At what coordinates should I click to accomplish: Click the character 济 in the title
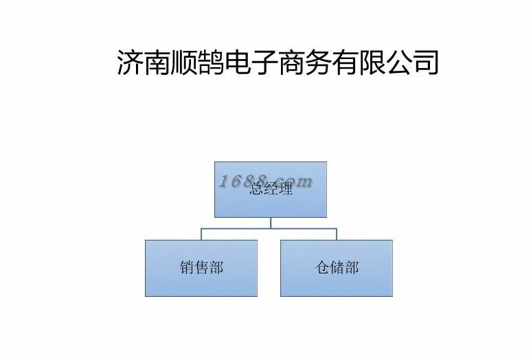pyautogui.click(x=131, y=62)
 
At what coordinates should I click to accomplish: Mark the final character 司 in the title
pyautogui.click(x=425, y=62)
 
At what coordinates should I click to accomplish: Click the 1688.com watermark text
pyautogui.click(x=265, y=181)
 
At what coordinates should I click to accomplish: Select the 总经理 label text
pyautogui.click(x=271, y=190)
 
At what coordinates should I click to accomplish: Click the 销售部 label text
pyautogui.click(x=201, y=268)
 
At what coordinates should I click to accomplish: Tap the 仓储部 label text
pyautogui.click(x=337, y=268)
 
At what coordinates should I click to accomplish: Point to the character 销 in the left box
pyautogui.click(x=187, y=268)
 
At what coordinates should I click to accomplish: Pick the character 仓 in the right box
pyautogui.click(x=322, y=268)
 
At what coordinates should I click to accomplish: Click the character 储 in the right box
pyautogui.click(x=337, y=268)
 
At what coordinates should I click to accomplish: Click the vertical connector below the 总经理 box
pyautogui.click(x=271, y=223)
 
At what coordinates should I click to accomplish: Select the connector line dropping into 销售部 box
pyautogui.click(x=201, y=234)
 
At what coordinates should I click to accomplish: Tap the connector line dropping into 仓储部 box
pyautogui.click(x=337, y=234)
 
